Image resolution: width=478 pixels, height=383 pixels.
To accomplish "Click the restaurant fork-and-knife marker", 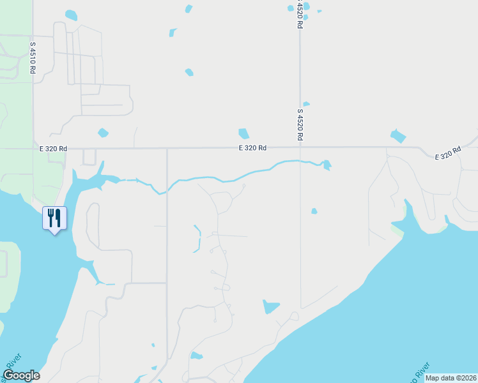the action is tap(54, 218).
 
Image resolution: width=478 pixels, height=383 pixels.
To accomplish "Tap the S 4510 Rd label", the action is tap(33, 58).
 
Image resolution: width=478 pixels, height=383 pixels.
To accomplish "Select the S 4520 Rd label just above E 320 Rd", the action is tap(299, 124).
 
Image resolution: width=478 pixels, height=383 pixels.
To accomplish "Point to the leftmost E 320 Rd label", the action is tap(53, 148).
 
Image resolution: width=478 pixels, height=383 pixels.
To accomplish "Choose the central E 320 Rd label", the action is tap(252, 148).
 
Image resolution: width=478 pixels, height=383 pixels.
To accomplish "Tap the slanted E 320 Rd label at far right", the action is tap(447, 153).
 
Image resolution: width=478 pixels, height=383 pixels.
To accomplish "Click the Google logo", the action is tap(21, 375).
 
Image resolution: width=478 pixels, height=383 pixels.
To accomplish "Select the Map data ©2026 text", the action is tap(451, 378).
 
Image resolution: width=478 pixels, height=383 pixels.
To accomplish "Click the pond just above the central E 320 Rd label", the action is tap(243, 133).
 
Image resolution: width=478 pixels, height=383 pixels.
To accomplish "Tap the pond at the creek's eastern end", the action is tap(327, 165).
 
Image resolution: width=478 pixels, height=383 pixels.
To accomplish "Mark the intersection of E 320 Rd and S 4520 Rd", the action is tap(300, 147).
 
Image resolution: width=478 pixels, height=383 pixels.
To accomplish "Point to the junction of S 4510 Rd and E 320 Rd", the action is tap(33, 148).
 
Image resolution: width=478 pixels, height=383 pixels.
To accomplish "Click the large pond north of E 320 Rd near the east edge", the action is tap(398, 135).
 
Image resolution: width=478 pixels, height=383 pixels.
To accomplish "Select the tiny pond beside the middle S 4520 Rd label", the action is tap(306, 104).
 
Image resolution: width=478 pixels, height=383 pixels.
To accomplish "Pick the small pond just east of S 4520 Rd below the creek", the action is tap(314, 211).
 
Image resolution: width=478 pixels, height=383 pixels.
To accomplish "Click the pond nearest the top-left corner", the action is tap(71, 15).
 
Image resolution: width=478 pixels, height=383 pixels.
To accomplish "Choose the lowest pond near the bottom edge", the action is tap(196, 356).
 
